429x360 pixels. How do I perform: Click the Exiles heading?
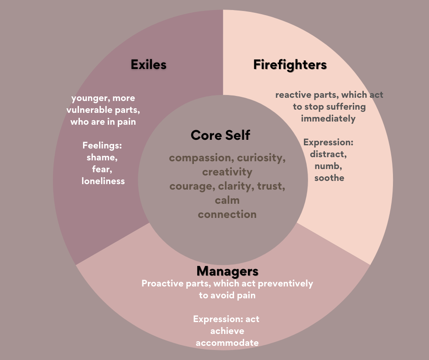point(148,64)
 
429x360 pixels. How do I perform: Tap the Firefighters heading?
point(290,65)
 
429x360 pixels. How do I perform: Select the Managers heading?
point(227,271)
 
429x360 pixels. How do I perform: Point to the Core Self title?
point(220,135)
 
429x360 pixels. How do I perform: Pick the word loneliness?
point(103,181)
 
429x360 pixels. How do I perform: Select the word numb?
point(328,166)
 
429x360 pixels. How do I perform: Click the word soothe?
point(329,178)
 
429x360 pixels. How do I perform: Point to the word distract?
point(329,154)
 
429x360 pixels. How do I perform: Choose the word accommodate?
point(227,343)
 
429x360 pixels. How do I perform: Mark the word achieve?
point(227,331)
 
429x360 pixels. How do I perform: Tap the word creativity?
point(227,172)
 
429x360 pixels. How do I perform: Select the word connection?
point(227,214)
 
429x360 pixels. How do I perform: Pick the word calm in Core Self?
point(227,200)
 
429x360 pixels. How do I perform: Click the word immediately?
point(329,118)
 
